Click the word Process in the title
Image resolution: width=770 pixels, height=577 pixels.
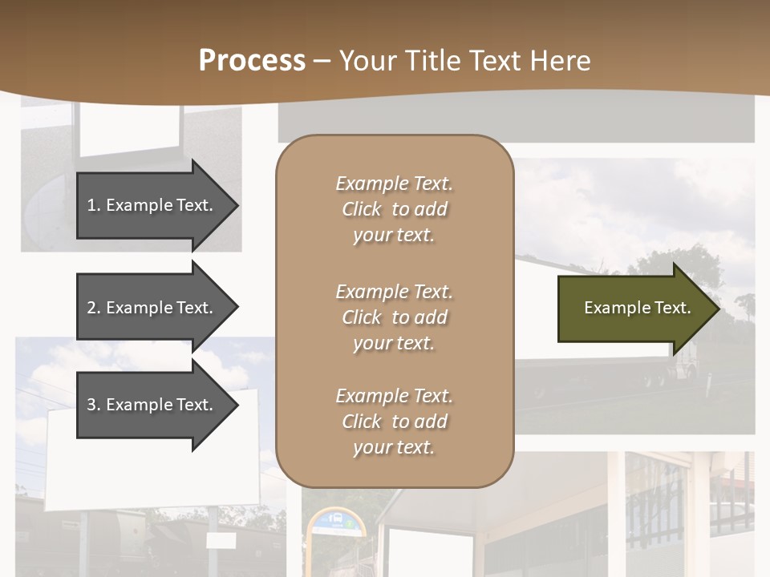click(x=252, y=61)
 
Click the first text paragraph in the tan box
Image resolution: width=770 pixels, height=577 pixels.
click(x=394, y=209)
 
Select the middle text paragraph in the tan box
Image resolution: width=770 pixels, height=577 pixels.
click(x=394, y=317)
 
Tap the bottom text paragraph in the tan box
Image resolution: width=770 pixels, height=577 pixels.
click(x=394, y=422)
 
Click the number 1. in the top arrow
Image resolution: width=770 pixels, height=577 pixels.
click(x=94, y=205)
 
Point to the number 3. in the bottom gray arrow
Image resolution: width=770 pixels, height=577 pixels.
click(x=94, y=405)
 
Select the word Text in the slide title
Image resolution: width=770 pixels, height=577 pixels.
click(x=496, y=61)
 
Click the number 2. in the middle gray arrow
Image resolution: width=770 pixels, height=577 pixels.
click(x=94, y=308)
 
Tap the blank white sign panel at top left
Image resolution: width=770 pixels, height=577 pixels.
click(x=128, y=128)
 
